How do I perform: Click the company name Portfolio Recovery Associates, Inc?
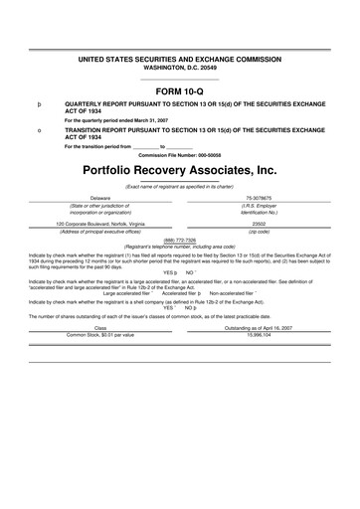coord(180,170)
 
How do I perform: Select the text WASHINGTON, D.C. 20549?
coord(180,69)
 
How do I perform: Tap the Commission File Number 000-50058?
coord(180,154)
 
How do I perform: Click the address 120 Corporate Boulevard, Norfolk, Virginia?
coord(99,224)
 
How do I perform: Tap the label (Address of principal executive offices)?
coord(99,232)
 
